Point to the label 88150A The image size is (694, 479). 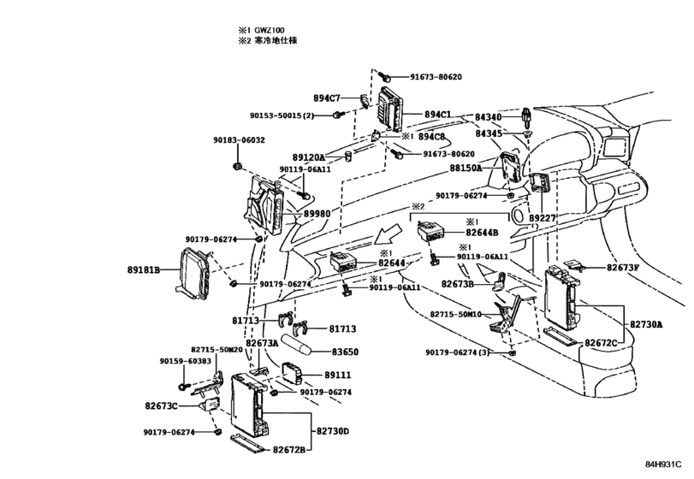coord(465,169)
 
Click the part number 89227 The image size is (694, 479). coord(542,219)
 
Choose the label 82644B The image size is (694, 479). coord(482,232)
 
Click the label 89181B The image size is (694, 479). coord(145,269)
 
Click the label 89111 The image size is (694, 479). coord(340,376)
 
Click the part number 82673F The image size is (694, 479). coord(624,268)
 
